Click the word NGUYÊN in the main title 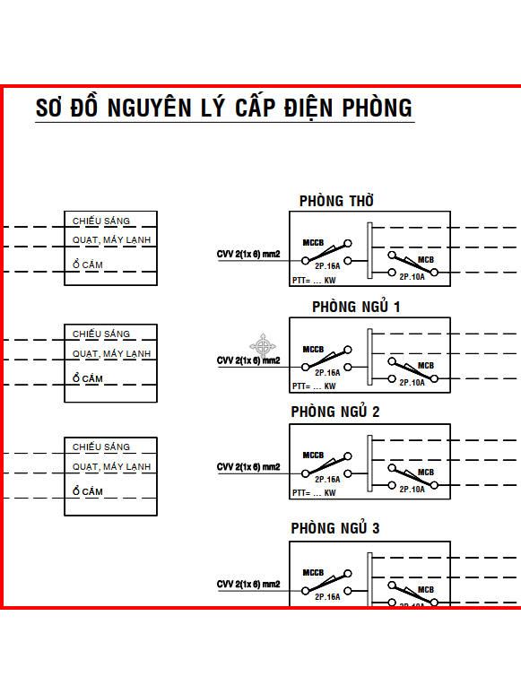149,108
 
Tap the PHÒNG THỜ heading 336,201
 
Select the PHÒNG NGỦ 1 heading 356,307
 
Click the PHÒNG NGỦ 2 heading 335,412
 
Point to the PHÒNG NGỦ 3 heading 335,528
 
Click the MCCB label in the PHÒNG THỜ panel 313,243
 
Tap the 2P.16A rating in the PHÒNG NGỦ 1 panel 327,373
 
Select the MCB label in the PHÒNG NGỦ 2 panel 426,473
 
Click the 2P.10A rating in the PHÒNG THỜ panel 412,277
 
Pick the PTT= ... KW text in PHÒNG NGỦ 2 314,492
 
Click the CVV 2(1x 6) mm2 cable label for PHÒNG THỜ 248,254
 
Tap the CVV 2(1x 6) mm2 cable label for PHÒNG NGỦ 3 248,585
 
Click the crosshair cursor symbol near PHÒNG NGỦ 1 263,346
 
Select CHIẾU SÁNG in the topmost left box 101,221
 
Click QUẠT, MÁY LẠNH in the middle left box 111,353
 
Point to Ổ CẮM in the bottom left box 88,490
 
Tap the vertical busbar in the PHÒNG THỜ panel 369,250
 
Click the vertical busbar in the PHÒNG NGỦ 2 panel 369,464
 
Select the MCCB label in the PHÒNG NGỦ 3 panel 313,573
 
